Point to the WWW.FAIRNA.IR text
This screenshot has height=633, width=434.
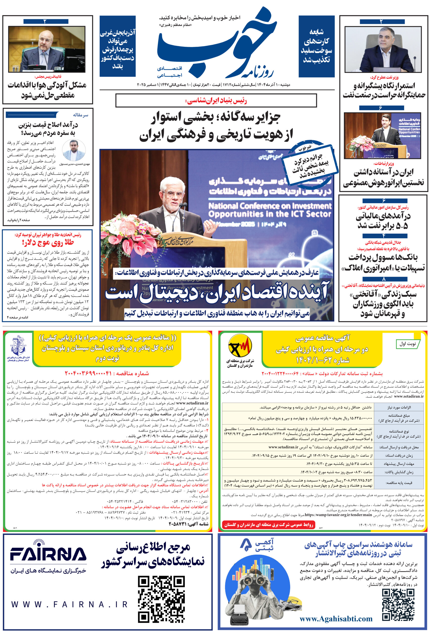point(69,605)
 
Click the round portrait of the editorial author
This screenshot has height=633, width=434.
point(73,150)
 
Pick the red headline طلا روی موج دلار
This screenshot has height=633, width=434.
point(48,242)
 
